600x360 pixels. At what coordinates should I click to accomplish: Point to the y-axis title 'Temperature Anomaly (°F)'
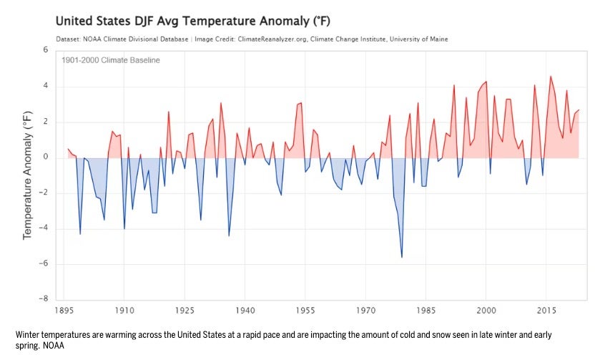[x=28, y=175]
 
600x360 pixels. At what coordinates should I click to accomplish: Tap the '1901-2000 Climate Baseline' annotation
[x=112, y=60]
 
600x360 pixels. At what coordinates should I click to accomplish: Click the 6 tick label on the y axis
[x=45, y=51]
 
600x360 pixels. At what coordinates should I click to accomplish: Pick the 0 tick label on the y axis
[x=45, y=157]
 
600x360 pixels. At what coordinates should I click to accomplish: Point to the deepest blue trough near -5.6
[x=402, y=257]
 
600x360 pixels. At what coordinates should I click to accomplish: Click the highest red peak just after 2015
[x=550, y=77]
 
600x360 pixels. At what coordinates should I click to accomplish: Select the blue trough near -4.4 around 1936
[x=229, y=235]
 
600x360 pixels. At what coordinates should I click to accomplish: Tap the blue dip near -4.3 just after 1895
[x=80, y=233]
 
